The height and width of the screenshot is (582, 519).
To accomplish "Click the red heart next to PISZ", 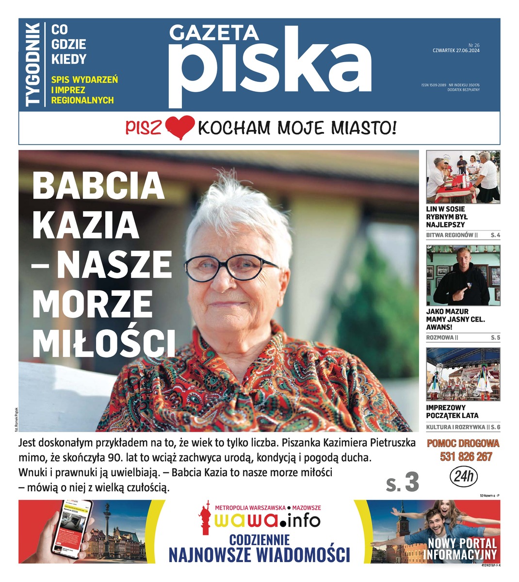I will pos(179,128).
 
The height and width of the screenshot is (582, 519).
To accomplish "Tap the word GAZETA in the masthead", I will pos(213,33).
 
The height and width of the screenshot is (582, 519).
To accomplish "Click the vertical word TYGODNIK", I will pos(32,64).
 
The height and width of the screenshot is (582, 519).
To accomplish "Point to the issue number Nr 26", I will pos(473,44).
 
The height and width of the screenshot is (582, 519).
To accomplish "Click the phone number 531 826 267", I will pos(466,456).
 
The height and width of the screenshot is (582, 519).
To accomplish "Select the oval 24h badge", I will pos(464,476).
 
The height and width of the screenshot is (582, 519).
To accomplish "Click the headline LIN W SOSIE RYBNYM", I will pos(447,217).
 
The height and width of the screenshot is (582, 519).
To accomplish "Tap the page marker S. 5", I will pos(495,337).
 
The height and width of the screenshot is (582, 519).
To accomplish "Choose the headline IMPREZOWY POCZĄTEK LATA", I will pos(452,411).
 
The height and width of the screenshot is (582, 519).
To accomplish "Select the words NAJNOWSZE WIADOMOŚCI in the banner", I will pos(259,554).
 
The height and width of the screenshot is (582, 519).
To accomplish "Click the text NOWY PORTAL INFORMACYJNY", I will pos(462,549).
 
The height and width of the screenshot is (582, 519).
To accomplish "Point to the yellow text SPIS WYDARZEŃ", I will pos(84,80).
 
